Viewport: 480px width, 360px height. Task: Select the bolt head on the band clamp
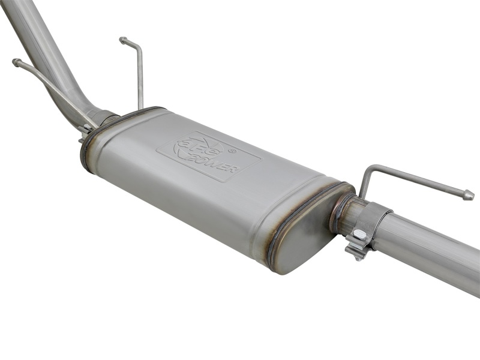(x=358, y=235)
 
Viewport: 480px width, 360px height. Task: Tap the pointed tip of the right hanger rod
(x=469, y=196)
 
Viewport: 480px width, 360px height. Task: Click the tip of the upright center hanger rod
(x=123, y=41)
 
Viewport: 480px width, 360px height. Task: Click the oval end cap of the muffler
(x=300, y=234)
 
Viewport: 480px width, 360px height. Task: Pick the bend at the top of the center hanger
(x=138, y=48)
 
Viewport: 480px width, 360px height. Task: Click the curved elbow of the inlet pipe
(x=90, y=111)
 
